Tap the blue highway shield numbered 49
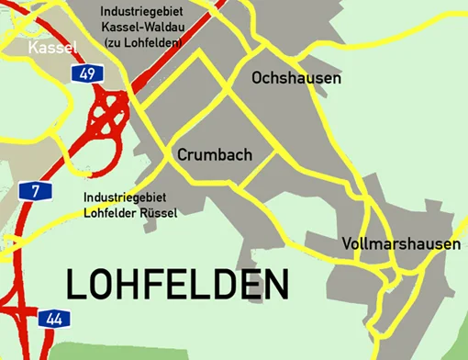coord(85,73)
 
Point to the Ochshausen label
coord(295,79)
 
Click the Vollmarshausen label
coord(400,244)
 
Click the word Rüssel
coord(156,213)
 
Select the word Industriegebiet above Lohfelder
coord(118,197)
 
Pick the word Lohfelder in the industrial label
coord(109,213)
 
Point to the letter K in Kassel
coord(34,47)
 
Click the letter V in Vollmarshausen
coord(346,244)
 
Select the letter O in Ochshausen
coord(258,79)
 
